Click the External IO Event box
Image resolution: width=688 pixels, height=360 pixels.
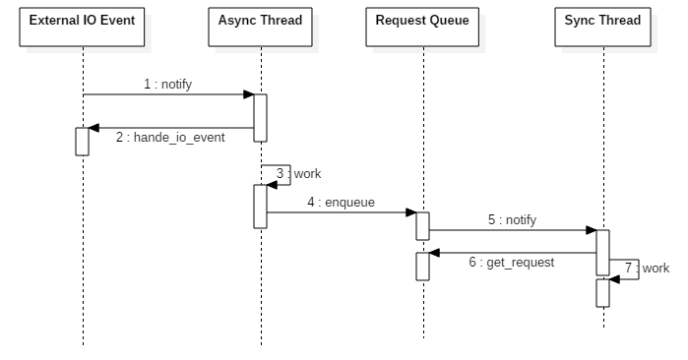coord(82,27)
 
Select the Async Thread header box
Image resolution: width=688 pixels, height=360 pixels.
coord(260,27)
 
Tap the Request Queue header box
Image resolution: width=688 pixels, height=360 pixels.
coord(422,27)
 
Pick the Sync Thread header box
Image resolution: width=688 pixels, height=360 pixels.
coord(602,27)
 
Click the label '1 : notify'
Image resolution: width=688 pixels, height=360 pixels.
coord(168,84)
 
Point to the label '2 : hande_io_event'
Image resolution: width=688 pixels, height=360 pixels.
coord(170,138)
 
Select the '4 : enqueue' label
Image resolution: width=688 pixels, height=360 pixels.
coord(341,203)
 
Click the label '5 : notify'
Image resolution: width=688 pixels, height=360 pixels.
coord(512,219)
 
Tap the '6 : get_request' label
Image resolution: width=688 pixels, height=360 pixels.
coord(511,263)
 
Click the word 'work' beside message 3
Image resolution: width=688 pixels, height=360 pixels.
coord(307,174)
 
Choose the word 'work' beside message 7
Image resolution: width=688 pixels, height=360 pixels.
coord(656,268)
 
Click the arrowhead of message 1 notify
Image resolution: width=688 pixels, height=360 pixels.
coord(249,94)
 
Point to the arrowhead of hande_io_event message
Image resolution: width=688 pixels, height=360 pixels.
coord(94,128)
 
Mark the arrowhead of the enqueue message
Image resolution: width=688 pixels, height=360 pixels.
coord(411,212)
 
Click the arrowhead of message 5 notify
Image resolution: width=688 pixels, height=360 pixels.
coord(591,230)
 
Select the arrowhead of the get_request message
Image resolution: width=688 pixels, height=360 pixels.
coord(434,253)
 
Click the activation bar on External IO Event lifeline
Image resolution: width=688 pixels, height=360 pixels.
coord(82,142)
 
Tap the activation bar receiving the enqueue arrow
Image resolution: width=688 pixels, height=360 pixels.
coord(422,226)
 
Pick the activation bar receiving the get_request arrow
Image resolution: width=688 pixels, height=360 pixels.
coord(422,267)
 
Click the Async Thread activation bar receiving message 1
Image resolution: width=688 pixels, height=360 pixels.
coord(260,118)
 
